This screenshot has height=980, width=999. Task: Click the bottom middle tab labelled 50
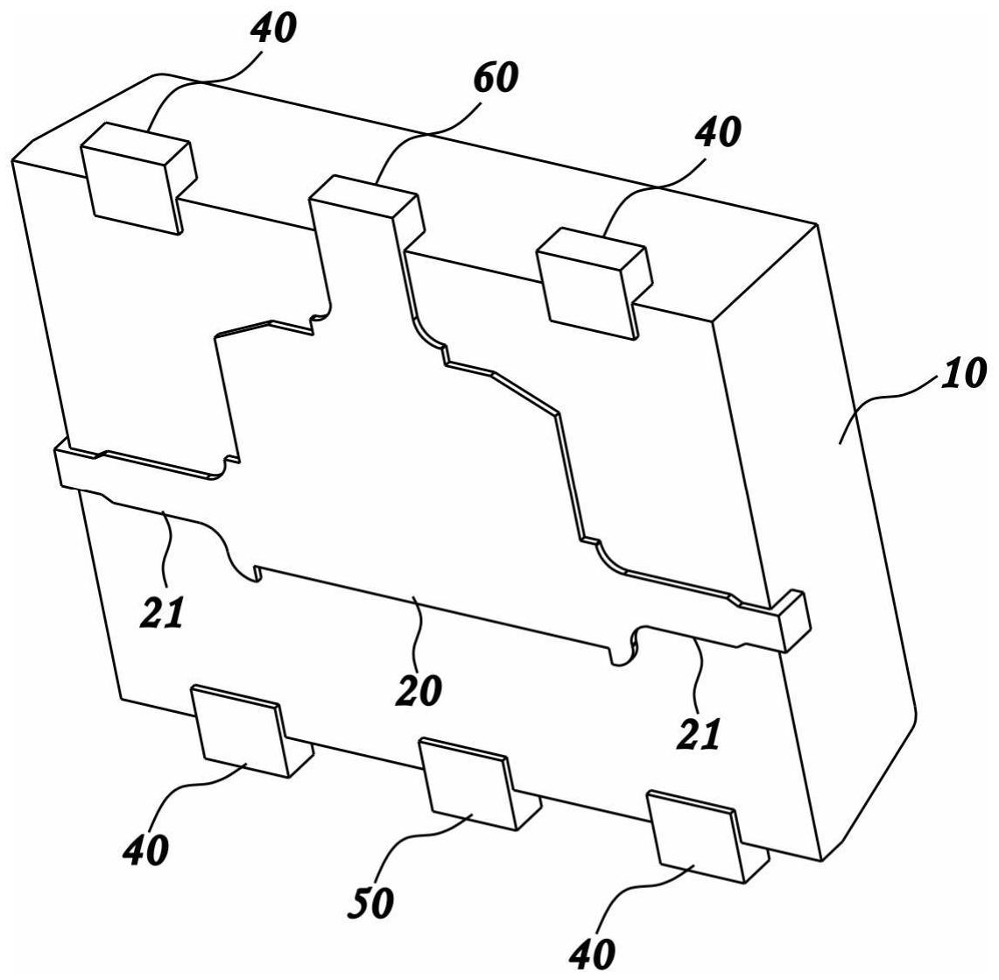[468, 781]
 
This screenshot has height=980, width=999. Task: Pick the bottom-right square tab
[696, 835]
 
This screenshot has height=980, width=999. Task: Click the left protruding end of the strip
[70, 463]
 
